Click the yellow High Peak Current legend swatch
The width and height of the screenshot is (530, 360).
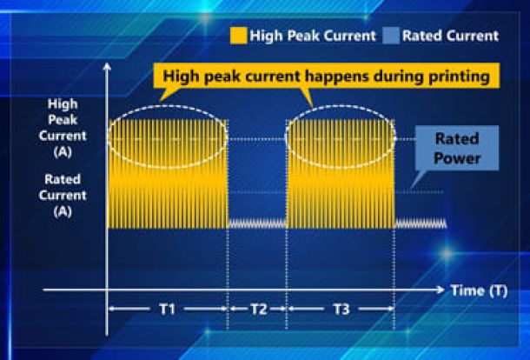pyautogui.click(x=238, y=36)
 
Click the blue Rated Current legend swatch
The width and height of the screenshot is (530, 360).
pyautogui.click(x=391, y=36)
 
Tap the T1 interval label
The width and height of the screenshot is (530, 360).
pyautogui.click(x=168, y=309)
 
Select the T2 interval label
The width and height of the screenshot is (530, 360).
pyautogui.click(x=259, y=309)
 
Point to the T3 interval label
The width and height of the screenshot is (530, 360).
pyautogui.click(x=341, y=309)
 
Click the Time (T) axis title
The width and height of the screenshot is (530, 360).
pyautogui.click(x=479, y=290)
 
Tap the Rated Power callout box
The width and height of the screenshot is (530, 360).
pyautogui.click(x=457, y=148)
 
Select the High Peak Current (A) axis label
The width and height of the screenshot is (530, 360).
pyautogui.click(x=63, y=128)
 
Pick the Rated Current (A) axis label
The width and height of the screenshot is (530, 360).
pyautogui.click(x=63, y=196)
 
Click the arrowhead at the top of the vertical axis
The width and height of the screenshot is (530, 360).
pyautogui.click(x=107, y=66)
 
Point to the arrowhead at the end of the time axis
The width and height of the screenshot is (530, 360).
pyautogui.click(x=441, y=290)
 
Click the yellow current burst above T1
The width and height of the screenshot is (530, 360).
pyautogui.click(x=168, y=174)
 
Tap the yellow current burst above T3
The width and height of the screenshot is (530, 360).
pyautogui.click(x=341, y=174)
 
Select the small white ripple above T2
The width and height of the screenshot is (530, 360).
pyautogui.click(x=257, y=223)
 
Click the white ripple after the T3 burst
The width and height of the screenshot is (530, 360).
pyautogui.click(x=421, y=223)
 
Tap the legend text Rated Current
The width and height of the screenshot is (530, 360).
pyautogui.click(x=450, y=36)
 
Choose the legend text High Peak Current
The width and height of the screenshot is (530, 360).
pyautogui.click(x=313, y=36)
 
